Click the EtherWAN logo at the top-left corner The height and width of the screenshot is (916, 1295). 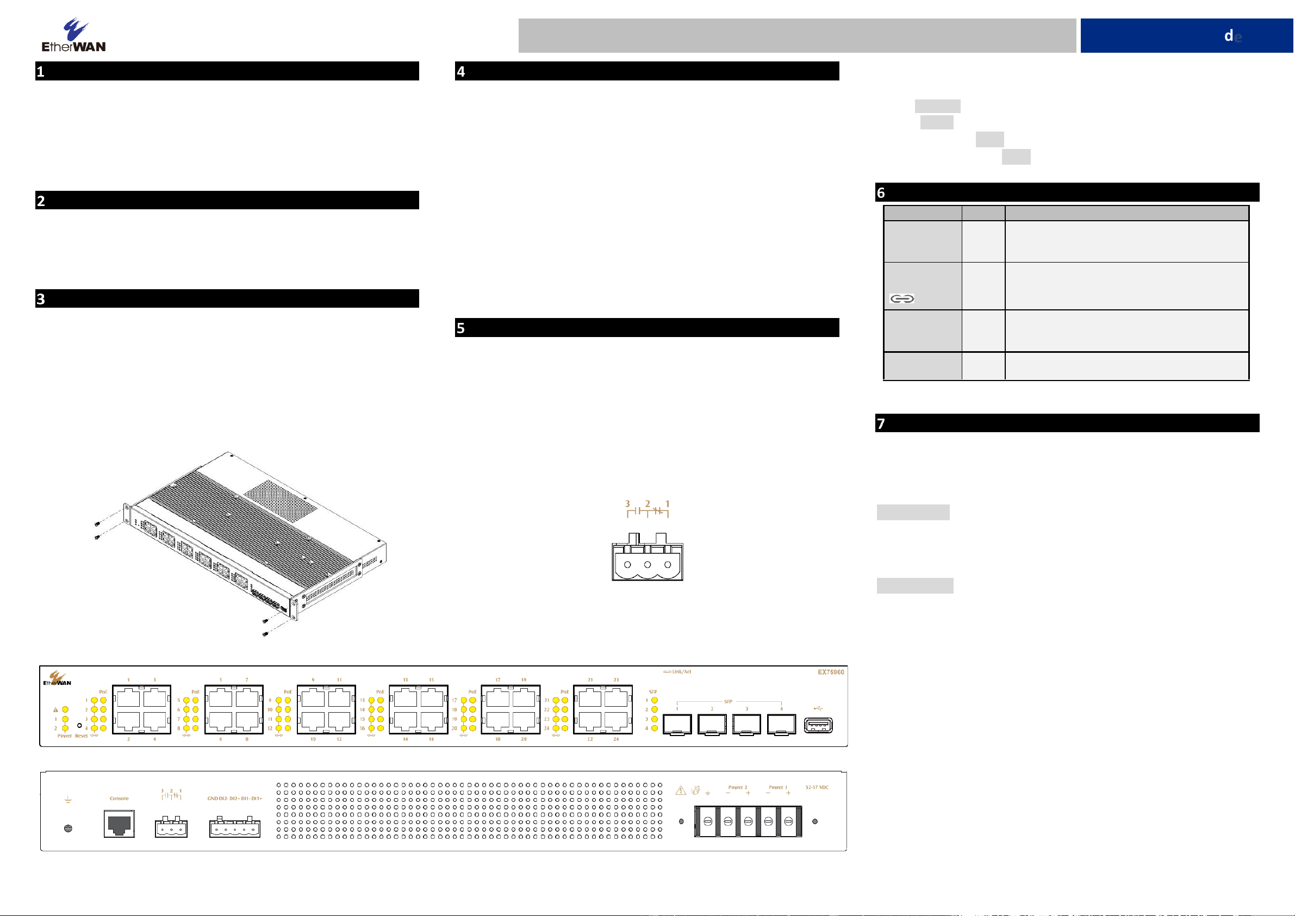tap(73, 35)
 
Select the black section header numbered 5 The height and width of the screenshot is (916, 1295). tap(646, 328)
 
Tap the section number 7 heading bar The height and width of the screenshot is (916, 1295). tap(1067, 423)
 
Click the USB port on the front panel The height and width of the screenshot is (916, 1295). tap(818, 725)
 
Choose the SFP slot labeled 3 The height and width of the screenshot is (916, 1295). tap(746, 724)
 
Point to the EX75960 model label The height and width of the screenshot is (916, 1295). tap(831, 672)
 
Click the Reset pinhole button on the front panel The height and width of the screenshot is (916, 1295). tap(79, 725)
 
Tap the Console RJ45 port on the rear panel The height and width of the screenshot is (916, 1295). tap(119, 824)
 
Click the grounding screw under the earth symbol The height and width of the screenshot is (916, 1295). tap(69, 828)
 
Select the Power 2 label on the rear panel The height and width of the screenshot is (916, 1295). tap(737, 787)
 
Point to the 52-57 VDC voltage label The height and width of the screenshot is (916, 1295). tap(817, 787)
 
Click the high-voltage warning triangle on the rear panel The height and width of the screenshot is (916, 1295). tap(681, 791)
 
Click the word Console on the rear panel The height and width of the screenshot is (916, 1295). tap(119, 799)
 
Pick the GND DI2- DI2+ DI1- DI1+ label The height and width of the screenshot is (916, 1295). tap(235, 799)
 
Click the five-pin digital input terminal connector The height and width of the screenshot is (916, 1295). tap(235, 828)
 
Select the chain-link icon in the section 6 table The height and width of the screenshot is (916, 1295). tap(901, 299)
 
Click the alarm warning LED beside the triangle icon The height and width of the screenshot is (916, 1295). tap(65, 709)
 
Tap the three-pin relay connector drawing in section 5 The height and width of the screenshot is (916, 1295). tap(647, 558)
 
